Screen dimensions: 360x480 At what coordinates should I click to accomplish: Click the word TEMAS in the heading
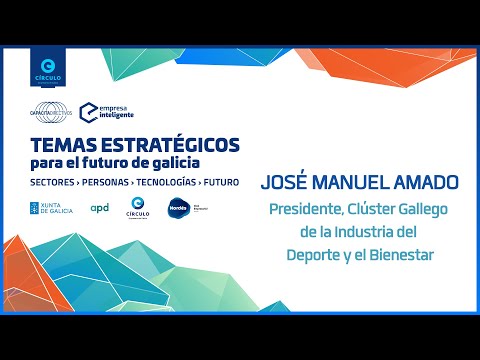coord(62,144)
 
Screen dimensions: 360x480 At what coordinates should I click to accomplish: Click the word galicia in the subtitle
coord(172,163)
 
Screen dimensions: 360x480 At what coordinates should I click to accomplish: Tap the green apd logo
coord(100,208)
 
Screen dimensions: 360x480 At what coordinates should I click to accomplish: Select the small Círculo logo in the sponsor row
coord(140,209)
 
